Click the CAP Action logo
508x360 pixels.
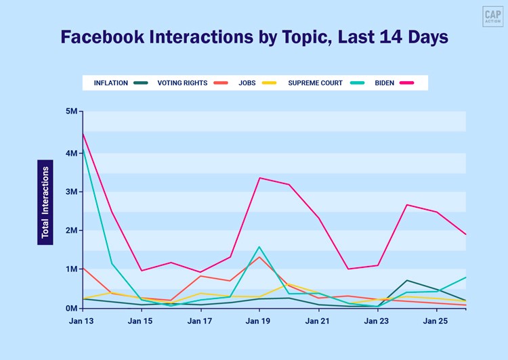coord(492,16)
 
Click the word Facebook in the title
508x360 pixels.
coord(100,37)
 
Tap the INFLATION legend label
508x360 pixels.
coord(110,83)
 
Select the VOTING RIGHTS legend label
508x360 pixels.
coord(182,83)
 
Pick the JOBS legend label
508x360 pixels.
coord(247,83)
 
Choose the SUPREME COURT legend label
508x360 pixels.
coord(316,83)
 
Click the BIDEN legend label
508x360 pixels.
coord(385,83)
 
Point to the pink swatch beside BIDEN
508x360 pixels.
coord(406,83)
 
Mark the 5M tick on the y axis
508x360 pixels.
coord(71,112)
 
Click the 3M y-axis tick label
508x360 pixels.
coord(71,192)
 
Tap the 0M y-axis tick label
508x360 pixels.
coord(71,308)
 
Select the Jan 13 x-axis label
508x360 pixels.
coord(81,321)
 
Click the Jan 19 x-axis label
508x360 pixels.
coord(258,321)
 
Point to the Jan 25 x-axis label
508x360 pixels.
coord(436,321)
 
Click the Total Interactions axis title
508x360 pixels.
coord(45,202)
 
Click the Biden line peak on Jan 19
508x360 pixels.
coord(259,178)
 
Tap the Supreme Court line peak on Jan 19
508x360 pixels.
coord(259,247)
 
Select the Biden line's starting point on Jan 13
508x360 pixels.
coord(82,133)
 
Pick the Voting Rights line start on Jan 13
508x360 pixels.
coord(82,268)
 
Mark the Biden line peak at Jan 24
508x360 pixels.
coord(406,204)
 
